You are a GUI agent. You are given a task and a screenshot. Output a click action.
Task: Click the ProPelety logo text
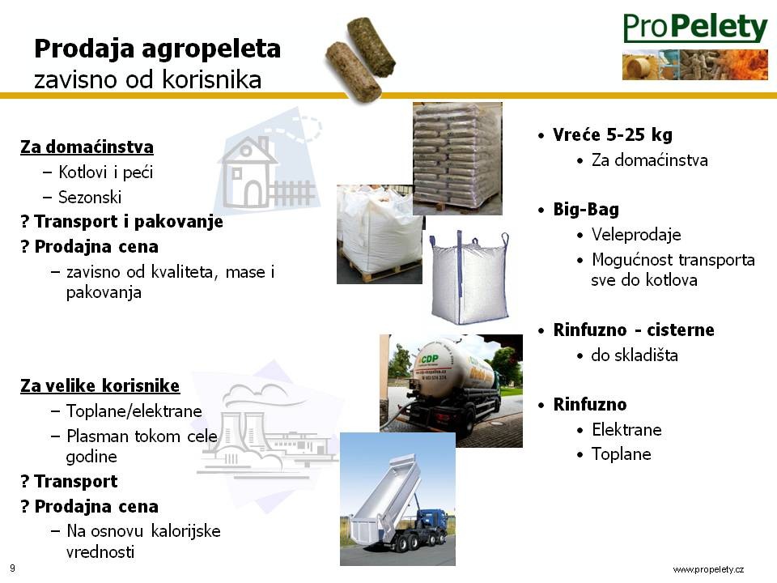click(x=695, y=28)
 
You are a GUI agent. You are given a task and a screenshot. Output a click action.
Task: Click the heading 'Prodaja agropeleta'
click(x=158, y=49)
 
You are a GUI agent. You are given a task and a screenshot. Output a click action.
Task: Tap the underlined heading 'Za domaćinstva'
click(x=87, y=147)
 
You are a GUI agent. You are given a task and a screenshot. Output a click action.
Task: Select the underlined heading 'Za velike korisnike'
click(x=100, y=385)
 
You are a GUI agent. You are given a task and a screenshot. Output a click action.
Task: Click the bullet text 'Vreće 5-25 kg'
click(x=613, y=134)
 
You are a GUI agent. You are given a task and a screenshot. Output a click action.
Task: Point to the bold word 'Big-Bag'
click(x=586, y=209)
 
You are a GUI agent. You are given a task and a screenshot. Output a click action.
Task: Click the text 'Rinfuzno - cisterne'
click(x=634, y=330)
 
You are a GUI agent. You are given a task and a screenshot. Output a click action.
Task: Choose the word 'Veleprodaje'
click(x=636, y=235)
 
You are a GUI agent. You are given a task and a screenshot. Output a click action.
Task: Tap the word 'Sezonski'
click(x=90, y=198)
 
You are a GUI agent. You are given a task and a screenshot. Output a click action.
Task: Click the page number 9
click(x=12, y=568)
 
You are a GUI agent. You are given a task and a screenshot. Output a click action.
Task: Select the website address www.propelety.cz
click(x=708, y=569)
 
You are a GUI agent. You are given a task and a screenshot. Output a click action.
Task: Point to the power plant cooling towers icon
click(x=242, y=436)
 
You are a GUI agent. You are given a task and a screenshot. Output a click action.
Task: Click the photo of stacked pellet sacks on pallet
click(x=457, y=159)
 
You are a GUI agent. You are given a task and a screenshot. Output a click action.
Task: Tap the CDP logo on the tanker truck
click(x=429, y=359)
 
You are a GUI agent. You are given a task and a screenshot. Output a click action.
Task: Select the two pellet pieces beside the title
click(x=361, y=59)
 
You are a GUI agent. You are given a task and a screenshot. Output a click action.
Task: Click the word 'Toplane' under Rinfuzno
click(x=622, y=454)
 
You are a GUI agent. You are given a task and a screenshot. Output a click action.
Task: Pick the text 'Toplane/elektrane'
click(x=134, y=411)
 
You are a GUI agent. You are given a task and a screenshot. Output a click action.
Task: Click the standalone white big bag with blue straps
click(x=469, y=278)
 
